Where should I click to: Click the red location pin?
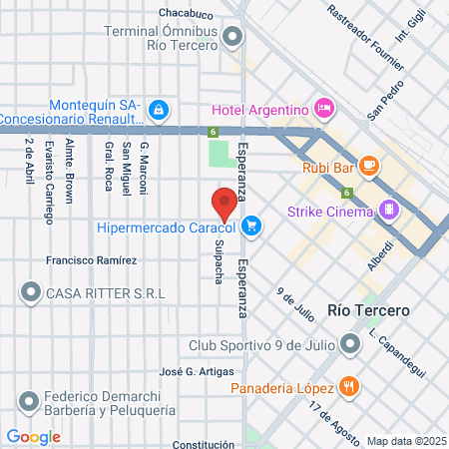click(224, 203)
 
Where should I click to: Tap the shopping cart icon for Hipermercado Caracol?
click(252, 226)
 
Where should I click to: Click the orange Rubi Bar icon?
click(370, 166)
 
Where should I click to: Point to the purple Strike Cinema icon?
click(389, 211)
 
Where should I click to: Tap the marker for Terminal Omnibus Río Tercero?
click(233, 38)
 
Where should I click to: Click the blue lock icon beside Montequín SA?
click(157, 109)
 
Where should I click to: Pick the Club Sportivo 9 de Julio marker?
click(350, 346)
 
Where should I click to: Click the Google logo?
click(33, 436)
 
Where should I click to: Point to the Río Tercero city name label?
click(368, 311)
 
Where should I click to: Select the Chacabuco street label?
click(186, 14)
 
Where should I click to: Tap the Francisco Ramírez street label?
click(92, 260)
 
